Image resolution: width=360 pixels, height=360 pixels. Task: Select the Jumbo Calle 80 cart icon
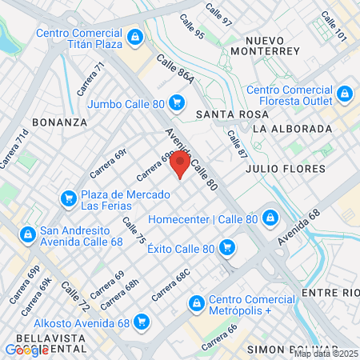coord(177,103)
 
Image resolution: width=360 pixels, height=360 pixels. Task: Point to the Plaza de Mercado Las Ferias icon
coord(67,198)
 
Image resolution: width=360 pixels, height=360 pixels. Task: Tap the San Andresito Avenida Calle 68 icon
coord(27,234)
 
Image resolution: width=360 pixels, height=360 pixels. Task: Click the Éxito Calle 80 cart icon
coord(227,248)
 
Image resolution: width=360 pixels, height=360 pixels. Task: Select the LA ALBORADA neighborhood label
coord(291,129)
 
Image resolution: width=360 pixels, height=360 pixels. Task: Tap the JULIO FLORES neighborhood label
coord(286,169)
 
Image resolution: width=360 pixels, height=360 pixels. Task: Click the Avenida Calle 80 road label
coord(192,160)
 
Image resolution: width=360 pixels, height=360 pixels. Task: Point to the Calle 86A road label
coord(175,70)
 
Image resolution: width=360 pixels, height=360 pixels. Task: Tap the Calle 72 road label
coord(75,298)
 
